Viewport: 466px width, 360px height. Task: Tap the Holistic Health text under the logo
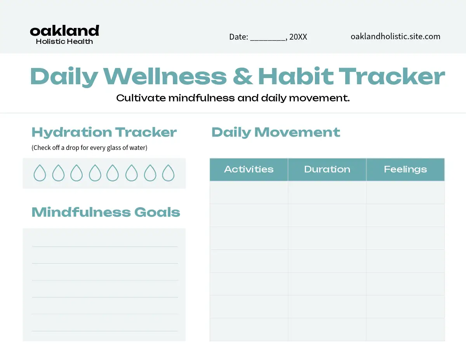pyautogui.click(x=64, y=42)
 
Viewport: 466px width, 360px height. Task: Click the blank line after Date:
pyautogui.click(x=268, y=40)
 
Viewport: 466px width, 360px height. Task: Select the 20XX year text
pyautogui.click(x=298, y=37)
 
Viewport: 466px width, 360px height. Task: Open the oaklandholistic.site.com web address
pyautogui.click(x=395, y=37)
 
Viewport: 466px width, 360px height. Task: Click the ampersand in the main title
pyautogui.click(x=243, y=77)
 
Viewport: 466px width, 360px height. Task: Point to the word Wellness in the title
pyautogui.click(x=165, y=77)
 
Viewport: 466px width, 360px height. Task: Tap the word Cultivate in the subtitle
pyautogui.click(x=141, y=98)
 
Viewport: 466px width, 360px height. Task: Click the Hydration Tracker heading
pyautogui.click(x=104, y=132)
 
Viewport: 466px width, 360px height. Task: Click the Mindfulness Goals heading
pyautogui.click(x=106, y=212)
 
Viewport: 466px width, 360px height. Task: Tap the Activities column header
pyautogui.click(x=249, y=169)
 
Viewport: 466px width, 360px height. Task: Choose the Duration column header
pyautogui.click(x=327, y=169)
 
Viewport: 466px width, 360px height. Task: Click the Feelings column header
pyautogui.click(x=405, y=169)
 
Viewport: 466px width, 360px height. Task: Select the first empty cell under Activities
pyautogui.click(x=249, y=192)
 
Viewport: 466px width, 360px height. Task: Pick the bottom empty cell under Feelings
pyautogui.click(x=405, y=330)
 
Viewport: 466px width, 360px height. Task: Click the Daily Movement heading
pyautogui.click(x=276, y=132)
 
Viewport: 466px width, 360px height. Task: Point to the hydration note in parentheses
pyautogui.click(x=89, y=148)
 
